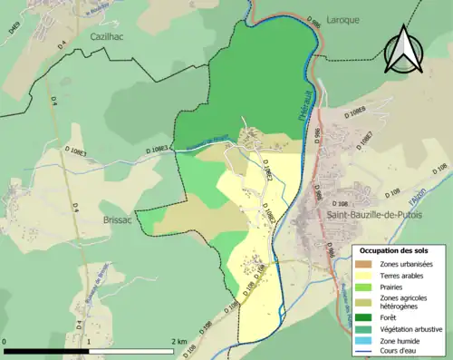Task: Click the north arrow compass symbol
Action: [404, 49]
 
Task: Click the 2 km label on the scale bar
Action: [178, 342]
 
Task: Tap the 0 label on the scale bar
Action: [6, 342]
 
